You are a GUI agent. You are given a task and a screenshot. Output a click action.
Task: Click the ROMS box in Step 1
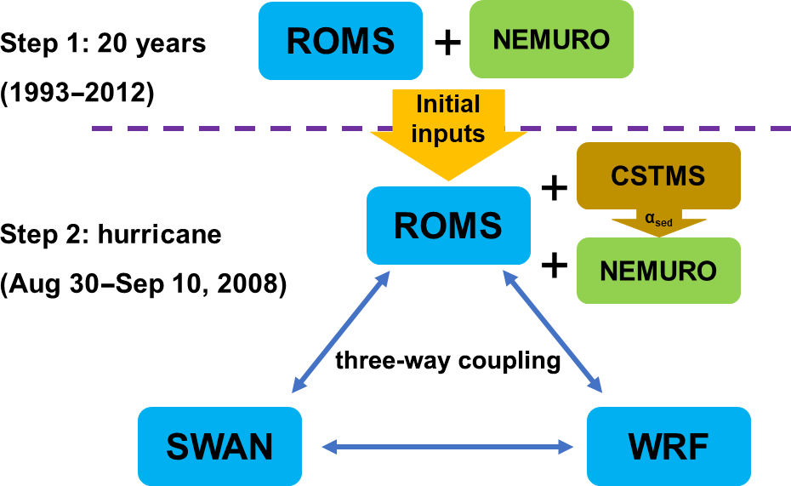tap(340, 39)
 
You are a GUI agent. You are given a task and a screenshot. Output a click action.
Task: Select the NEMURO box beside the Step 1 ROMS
tap(551, 39)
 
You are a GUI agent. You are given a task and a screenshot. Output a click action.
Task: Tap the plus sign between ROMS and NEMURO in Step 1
tap(447, 40)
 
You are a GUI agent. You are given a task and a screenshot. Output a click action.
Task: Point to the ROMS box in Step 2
tap(448, 225)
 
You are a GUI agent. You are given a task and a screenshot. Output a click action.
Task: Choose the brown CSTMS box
tap(658, 176)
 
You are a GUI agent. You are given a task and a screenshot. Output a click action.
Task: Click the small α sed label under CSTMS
tap(659, 220)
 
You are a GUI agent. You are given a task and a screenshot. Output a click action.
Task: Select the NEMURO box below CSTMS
tap(658, 271)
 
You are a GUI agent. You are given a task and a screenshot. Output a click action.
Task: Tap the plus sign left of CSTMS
tap(555, 186)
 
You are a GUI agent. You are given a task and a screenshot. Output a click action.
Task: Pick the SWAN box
tap(220, 445)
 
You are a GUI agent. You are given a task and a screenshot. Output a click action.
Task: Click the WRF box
tap(668, 445)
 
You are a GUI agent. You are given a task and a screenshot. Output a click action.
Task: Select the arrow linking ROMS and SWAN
tap(341, 333)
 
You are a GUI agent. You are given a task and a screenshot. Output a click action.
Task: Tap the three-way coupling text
tap(447, 361)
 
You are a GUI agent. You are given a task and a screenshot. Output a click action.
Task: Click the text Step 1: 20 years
tap(103, 43)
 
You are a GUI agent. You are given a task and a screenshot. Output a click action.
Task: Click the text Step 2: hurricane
tap(111, 233)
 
